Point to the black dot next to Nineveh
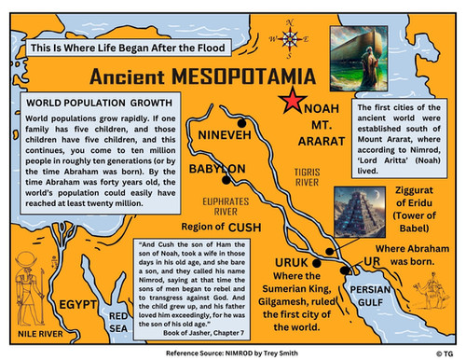(x=242, y=123)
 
